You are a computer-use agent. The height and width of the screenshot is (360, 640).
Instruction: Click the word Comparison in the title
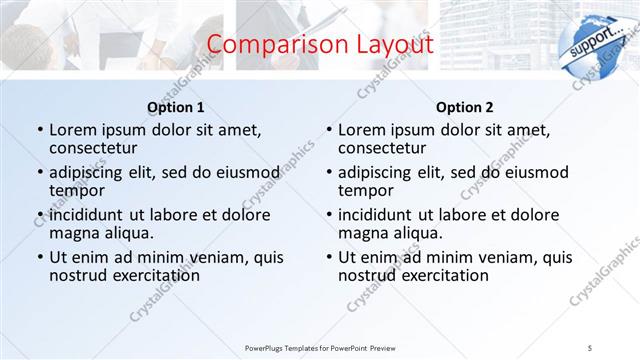point(267,44)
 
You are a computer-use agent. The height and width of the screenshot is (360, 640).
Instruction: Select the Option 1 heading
point(176,107)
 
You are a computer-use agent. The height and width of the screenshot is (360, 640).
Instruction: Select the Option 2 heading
point(464,107)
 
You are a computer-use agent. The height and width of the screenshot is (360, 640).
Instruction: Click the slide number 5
point(589,346)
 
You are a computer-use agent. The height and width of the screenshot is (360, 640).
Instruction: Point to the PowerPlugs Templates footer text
point(320,346)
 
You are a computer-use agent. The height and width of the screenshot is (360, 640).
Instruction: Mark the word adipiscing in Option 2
point(381,171)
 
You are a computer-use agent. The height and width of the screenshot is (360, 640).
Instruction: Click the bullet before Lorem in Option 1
point(39,130)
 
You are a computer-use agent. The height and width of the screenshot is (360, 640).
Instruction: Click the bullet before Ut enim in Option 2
point(327,257)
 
